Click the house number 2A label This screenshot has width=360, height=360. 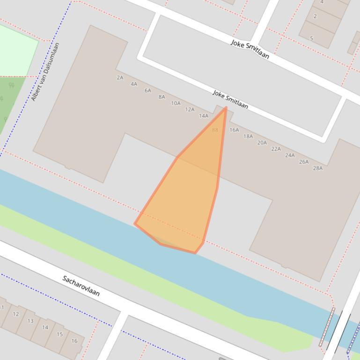click(x=120, y=78)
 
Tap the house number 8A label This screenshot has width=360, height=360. click(x=162, y=97)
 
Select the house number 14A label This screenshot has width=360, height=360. click(x=203, y=116)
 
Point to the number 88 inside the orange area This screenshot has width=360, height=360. click(x=215, y=130)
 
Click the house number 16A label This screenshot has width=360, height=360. click(x=234, y=130)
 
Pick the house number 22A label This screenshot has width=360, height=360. click(x=276, y=149)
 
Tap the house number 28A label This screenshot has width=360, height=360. click(x=317, y=168)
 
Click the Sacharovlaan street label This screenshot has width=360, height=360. click(x=81, y=286)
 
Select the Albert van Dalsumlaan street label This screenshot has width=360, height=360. click(x=45, y=72)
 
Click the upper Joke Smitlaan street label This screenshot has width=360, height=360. click(x=250, y=49)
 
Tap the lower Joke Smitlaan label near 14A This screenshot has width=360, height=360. click(x=230, y=99)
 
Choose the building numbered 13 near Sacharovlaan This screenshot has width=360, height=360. click(x=30, y=321)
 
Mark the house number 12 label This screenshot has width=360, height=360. click(x=16, y=314)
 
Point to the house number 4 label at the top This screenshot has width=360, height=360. click(x=322, y=2)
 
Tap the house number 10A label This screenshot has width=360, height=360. click(x=176, y=103)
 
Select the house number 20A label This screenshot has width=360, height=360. click(x=262, y=143)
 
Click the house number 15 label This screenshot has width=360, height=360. click(x=59, y=334)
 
